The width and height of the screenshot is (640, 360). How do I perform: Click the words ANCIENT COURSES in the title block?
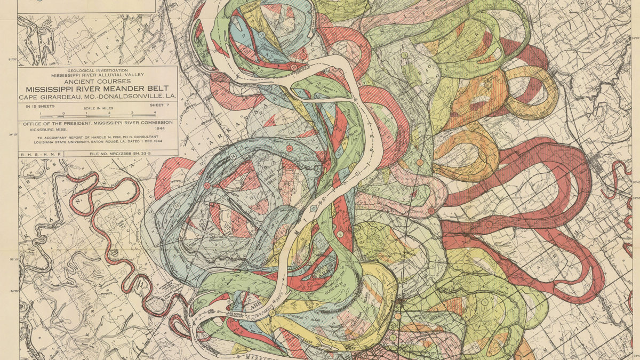[x=98, y=82]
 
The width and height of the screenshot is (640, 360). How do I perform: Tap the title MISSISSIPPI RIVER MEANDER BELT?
[x=98, y=89]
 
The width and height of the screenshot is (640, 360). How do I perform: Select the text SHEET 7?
[x=159, y=106]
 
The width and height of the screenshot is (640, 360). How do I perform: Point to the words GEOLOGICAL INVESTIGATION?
[x=98, y=70]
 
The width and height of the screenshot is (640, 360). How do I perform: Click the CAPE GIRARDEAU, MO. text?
[x=53, y=97]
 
